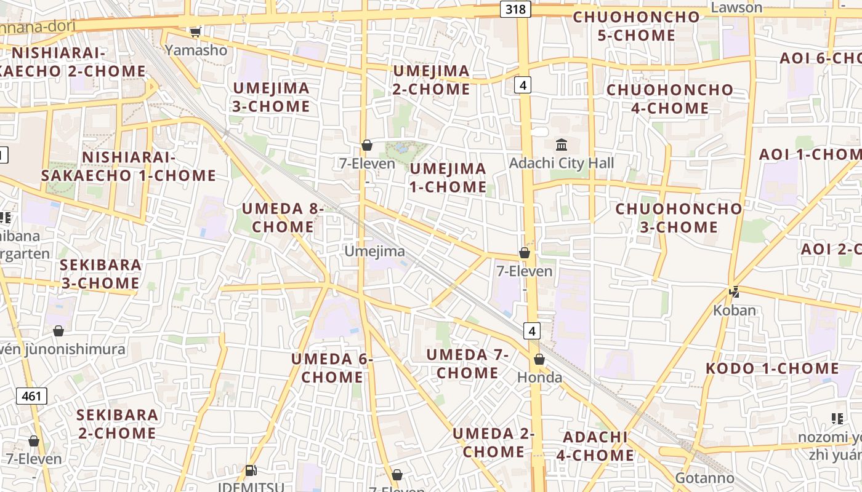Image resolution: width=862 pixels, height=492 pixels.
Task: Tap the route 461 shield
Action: tap(31, 396)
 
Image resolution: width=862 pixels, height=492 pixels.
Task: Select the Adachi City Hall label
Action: tap(562, 163)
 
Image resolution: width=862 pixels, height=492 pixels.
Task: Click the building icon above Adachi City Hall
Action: tap(562, 145)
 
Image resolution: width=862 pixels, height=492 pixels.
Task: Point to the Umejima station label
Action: tap(374, 251)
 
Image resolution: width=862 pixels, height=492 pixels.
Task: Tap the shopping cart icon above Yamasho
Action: tap(195, 32)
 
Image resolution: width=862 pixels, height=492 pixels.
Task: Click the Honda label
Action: tap(539, 377)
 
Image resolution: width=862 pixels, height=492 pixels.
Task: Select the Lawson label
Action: tap(736, 7)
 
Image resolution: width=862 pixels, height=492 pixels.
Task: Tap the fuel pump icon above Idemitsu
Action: tap(251, 470)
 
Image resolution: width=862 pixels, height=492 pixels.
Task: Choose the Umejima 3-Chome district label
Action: tap(271, 97)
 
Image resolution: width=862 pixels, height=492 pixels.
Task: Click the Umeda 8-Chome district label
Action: tap(283, 218)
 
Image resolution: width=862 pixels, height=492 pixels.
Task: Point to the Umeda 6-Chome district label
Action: tap(332, 368)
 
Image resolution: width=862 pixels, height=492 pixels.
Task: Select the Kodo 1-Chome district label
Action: tap(771, 368)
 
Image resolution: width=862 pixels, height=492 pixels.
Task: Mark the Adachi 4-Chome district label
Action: tap(595, 446)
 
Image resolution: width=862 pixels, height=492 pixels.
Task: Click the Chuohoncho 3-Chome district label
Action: tap(679, 218)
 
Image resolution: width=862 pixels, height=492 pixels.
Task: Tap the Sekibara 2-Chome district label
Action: tap(117, 424)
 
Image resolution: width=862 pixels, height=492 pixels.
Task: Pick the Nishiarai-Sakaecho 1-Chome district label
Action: tap(129, 166)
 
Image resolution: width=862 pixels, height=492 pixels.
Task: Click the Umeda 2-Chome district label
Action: tap(493, 443)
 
